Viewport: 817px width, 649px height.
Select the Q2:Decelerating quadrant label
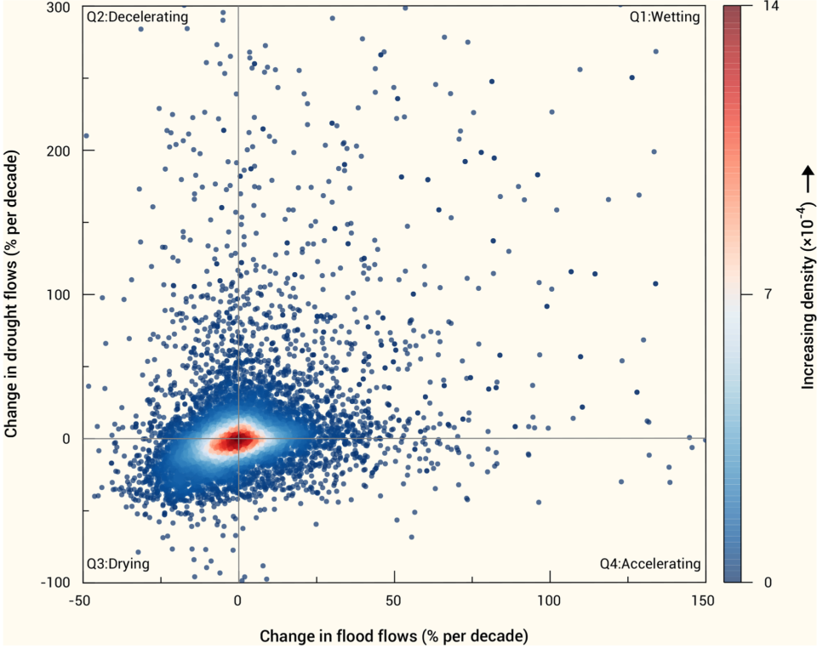click(x=137, y=16)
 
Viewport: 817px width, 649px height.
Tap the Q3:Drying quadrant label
click(x=117, y=563)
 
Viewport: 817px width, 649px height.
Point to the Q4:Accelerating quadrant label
click(x=649, y=563)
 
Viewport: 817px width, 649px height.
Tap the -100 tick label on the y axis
click(x=57, y=582)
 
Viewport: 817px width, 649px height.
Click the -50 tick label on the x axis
click(x=83, y=601)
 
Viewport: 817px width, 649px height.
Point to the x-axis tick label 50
click(x=394, y=601)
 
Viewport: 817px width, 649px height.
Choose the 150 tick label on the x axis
click(x=705, y=601)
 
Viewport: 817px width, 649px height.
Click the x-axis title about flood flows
click(x=393, y=635)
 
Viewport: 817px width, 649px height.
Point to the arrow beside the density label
click(x=807, y=177)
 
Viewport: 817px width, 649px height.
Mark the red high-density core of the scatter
click(x=237, y=439)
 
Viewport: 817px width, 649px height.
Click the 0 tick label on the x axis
click(x=238, y=601)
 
